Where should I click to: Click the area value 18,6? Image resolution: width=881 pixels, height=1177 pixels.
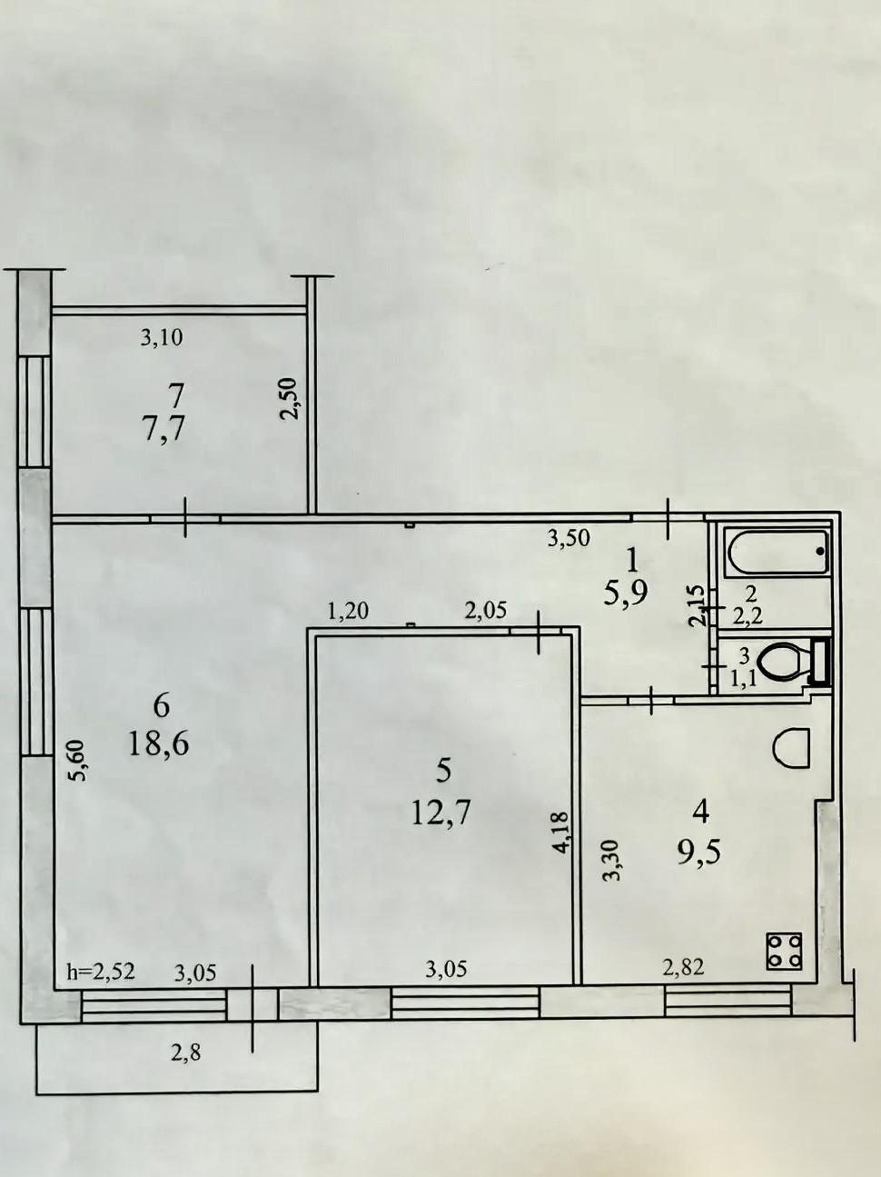coord(159,744)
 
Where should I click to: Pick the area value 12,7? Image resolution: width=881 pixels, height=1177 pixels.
coord(440,827)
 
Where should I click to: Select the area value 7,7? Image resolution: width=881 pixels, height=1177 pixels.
coord(163,428)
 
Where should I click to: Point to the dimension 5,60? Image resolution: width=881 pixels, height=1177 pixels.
coord(78,762)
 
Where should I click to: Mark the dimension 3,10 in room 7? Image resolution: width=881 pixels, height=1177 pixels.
coord(162,338)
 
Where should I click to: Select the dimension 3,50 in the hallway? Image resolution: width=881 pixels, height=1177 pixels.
coord(569,537)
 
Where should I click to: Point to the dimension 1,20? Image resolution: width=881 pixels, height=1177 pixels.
coord(348,611)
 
